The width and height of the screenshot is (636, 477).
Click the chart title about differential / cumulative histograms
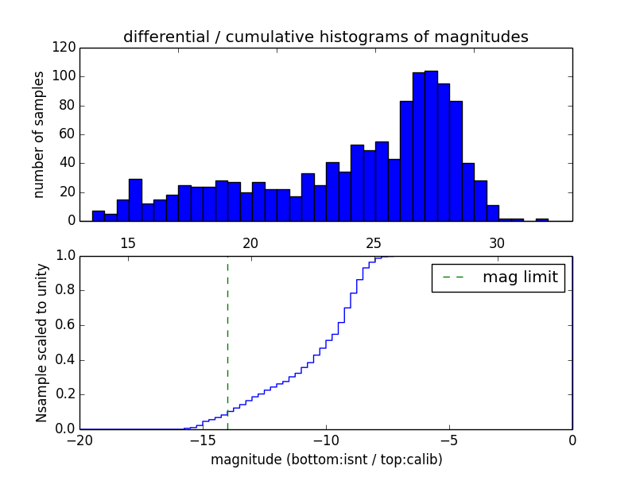point(326,37)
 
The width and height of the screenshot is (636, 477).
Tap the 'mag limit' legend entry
point(498,277)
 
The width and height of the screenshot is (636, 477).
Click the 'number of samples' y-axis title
point(39,134)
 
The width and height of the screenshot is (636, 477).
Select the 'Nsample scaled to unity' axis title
point(42,343)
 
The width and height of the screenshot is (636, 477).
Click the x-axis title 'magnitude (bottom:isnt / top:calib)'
point(326,460)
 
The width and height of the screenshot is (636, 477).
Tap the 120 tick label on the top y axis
point(65,48)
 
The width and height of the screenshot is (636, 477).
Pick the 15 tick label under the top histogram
point(128,242)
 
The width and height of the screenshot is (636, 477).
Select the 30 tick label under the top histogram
point(497,242)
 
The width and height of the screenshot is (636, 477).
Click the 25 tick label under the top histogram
point(374,242)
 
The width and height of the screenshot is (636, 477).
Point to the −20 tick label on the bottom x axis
point(80,441)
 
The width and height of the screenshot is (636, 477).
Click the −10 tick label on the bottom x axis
point(326,441)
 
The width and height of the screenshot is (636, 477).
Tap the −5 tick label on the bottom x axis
point(449,441)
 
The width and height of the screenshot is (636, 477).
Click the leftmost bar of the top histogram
point(99,216)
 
